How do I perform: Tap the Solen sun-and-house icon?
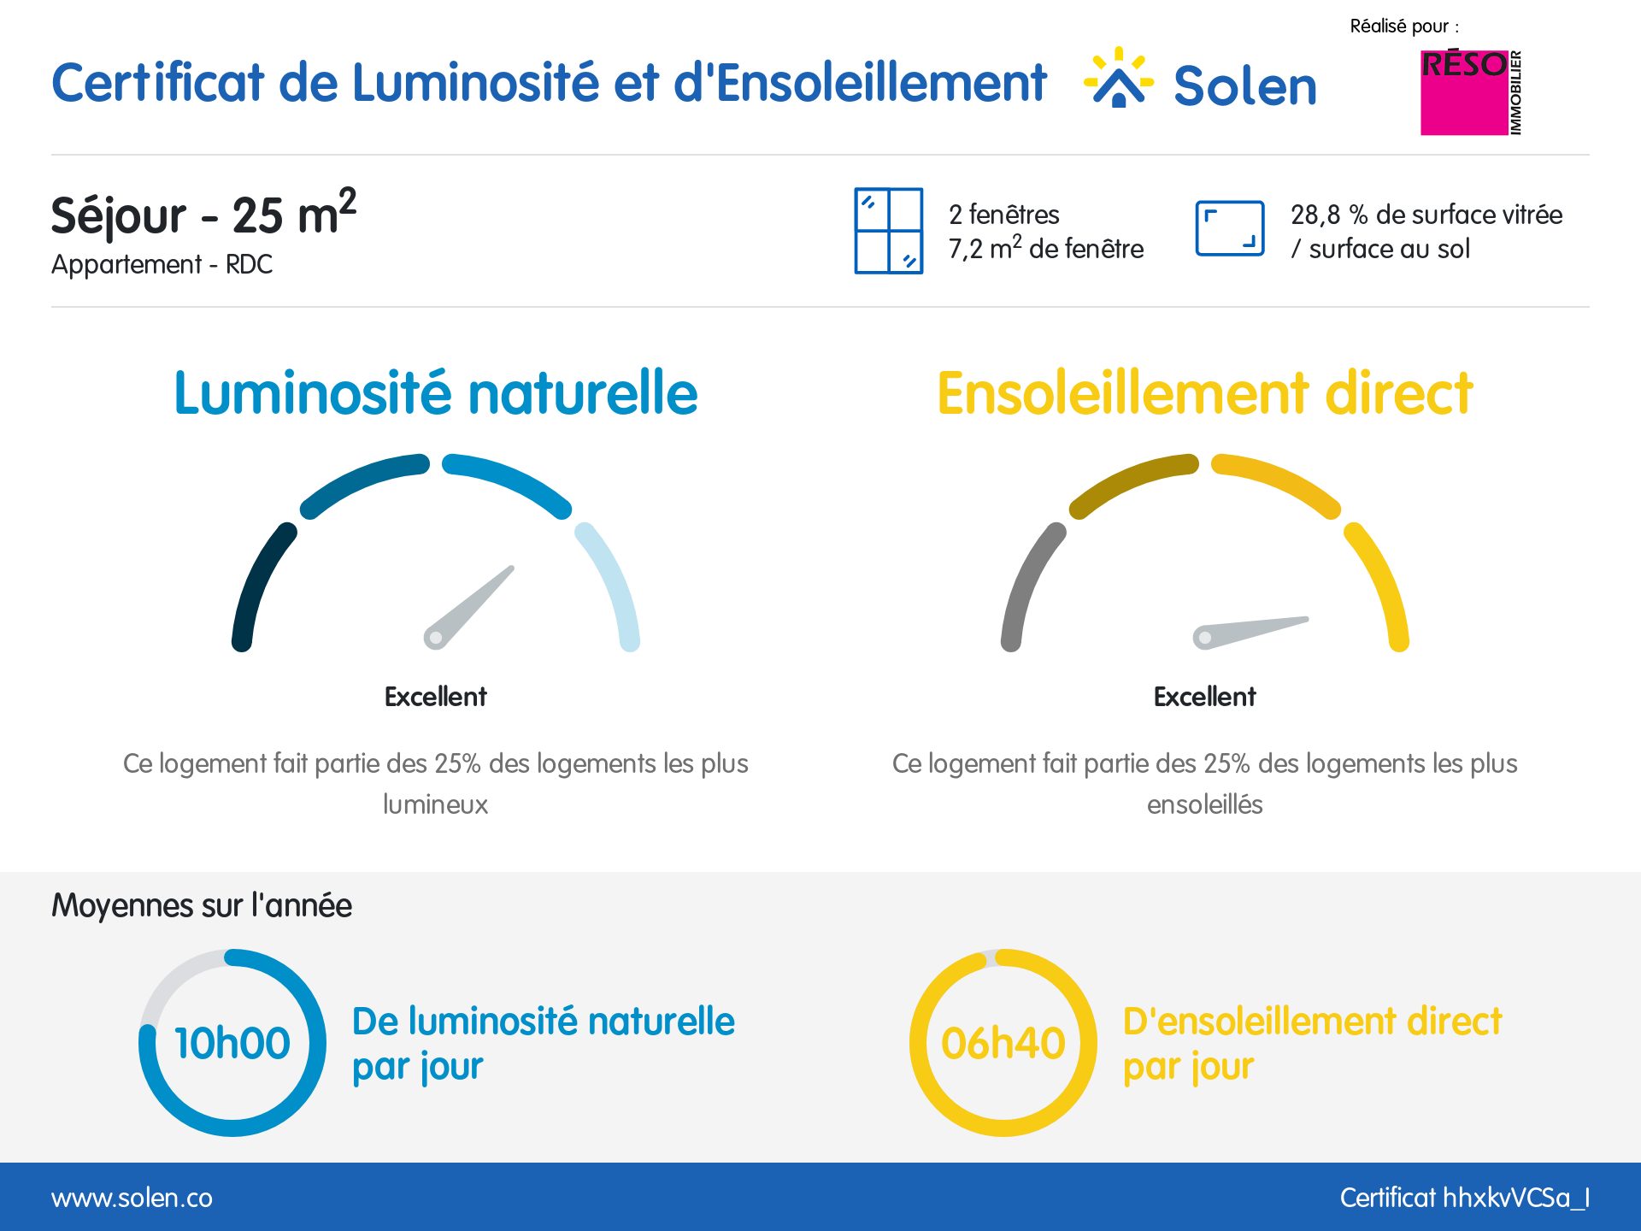pyautogui.click(x=1118, y=79)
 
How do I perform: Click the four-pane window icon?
pyautogui.click(x=888, y=231)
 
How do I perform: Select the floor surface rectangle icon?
pyautogui.click(x=1229, y=228)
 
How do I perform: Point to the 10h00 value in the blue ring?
pyautogui.click(x=232, y=1043)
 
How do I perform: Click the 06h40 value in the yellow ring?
pyautogui.click(x=1003, y=1043)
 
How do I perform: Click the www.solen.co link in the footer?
pyautogui.click(x=132, y=1198)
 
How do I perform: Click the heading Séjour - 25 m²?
pyautogui.click(x=203, y=214)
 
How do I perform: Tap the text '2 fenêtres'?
pyautogui.click(x=1003, y=215)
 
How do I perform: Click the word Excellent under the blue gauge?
pyautogui.click(x=435, y=697)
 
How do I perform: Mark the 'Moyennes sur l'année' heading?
pyautogui.click(x=202, y=905)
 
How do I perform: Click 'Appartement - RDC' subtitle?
pyautogui.click(x=162, y=264)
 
